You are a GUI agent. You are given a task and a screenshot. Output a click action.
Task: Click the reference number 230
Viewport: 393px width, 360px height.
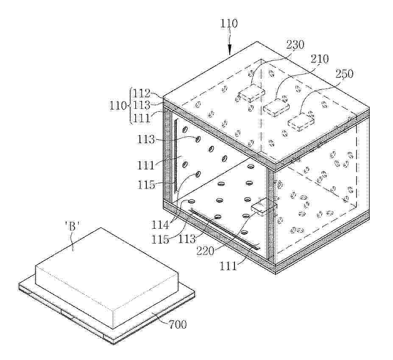click(x=295, y=45)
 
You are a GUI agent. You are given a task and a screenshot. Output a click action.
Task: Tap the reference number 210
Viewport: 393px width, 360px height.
click(x=319, y=59)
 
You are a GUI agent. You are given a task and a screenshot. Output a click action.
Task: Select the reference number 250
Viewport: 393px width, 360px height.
click(x=344, y=74)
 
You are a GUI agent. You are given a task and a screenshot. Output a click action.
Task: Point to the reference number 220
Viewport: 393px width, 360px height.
click(x=205, y=251)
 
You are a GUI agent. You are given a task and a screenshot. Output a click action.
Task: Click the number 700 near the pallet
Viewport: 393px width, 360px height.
click(x=178, y=324)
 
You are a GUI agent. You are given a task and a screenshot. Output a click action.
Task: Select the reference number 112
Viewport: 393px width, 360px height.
click(x=141, y=94)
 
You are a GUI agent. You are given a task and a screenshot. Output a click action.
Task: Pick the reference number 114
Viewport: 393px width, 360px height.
click(x=160, y=225)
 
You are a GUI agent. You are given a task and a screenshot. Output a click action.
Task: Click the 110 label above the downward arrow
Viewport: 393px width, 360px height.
click(x=229, y=23)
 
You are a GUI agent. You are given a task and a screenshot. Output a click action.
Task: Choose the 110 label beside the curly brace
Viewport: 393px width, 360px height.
click(x=118, y=105)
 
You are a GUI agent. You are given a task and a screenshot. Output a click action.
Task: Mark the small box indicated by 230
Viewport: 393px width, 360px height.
click(x=251, y=93)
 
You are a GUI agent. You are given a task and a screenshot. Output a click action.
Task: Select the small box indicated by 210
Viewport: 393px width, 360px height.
click(x=276, y=108)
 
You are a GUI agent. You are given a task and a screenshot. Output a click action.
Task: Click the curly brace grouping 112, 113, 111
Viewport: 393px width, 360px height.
click(x=130, y=105)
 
